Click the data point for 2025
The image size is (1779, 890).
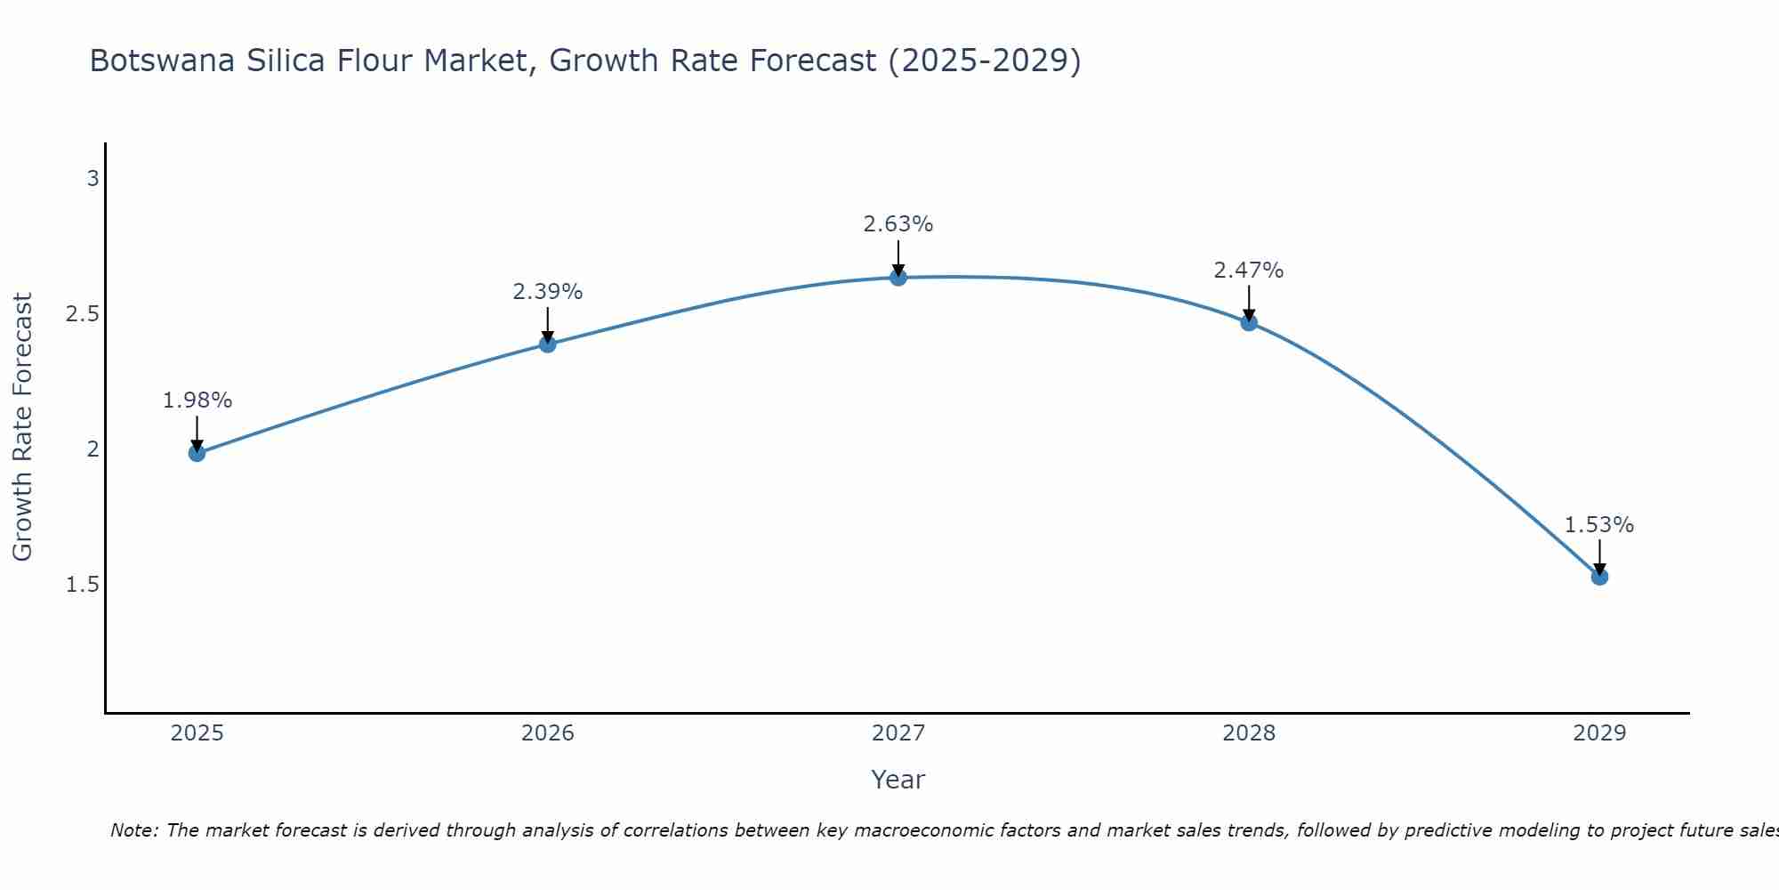click(197, 453)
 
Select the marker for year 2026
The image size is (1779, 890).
click(548, 344)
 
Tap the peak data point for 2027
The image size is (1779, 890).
click(898, 278)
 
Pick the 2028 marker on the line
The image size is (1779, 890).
click(1249, 322)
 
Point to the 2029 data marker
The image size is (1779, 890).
click(1599, 577)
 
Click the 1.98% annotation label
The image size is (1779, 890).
click(197, 400)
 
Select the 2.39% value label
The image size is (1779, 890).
click(548, 291)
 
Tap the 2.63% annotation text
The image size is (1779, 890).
click(898, 224)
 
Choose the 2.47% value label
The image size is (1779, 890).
click(1249, 270)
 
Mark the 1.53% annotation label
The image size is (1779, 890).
click(1599, 525)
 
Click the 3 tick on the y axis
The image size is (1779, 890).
click(93, 179)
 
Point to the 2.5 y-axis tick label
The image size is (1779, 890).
click(83, 314)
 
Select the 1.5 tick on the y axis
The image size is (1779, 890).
click(83, 585)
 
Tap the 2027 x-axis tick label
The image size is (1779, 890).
click(898, 733)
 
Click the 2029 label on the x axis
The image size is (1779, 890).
click(1599, 733)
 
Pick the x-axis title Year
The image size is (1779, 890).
click(898, 780)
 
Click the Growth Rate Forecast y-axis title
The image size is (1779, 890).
click(22, 427)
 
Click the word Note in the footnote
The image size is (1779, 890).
click(133, 830)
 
